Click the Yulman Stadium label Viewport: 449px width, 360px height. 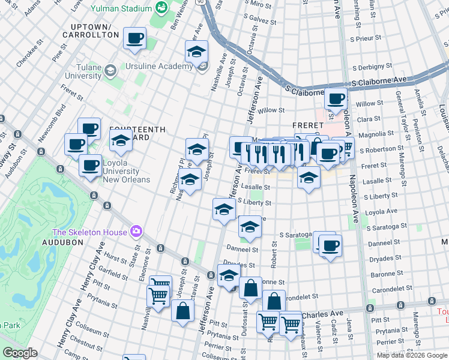coord(121,8)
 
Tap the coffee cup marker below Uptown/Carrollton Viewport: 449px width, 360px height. coord(134,38)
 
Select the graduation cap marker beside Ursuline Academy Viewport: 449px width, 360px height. coord(196,53)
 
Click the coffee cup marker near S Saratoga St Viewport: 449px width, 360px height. coord(330,245)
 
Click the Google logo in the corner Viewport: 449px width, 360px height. coord(20,353)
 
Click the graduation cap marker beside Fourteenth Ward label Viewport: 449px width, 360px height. coord(121,140)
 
